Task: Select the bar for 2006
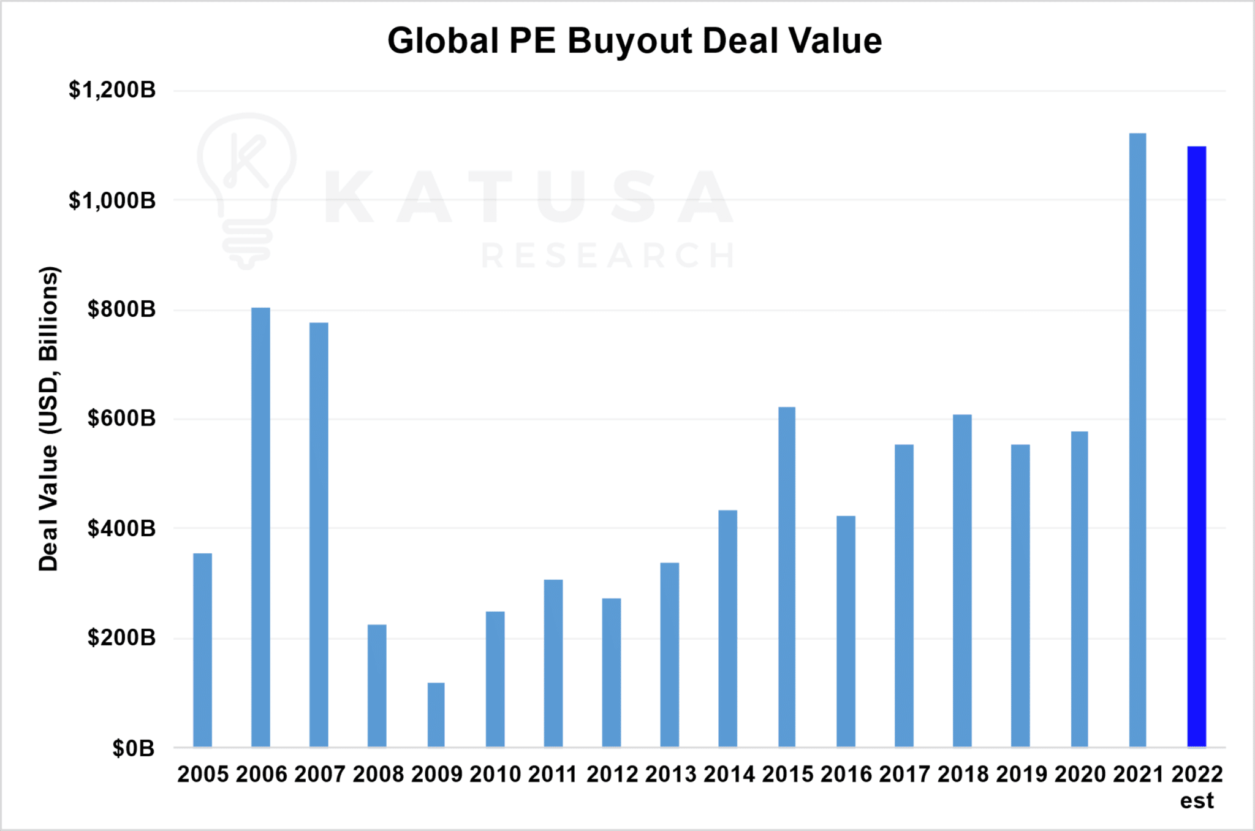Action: pos(260,527)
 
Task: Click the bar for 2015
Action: pos(787,577)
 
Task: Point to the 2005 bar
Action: pos(203,650)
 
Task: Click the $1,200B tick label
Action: pos(112,90)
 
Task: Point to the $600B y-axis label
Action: pos(121,419)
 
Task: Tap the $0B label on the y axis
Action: pos(133,748)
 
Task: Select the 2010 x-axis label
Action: pos(495,775)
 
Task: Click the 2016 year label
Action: pos(846,775)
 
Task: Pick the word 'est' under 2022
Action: pos(1197,801)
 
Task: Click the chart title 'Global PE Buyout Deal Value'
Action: pos(634,41)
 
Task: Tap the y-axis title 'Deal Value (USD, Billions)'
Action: pos(48,419)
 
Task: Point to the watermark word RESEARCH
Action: pos(608,256)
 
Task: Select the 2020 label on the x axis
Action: pos(1080,775)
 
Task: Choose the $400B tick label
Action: pos(121,528)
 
